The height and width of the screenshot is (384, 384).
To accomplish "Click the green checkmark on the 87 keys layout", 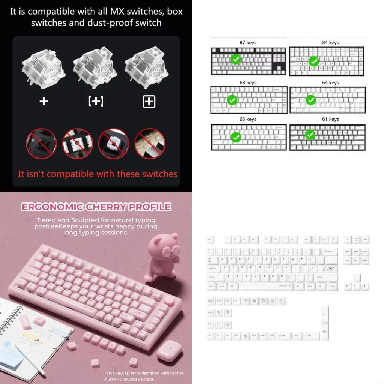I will click(235, 59).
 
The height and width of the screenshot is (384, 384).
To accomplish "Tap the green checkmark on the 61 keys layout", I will click(310, 135).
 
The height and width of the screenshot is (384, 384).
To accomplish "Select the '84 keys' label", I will click(330, 43).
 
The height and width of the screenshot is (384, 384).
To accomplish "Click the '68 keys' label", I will click(248, 82).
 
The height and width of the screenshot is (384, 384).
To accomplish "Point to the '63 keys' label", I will click(248, 119).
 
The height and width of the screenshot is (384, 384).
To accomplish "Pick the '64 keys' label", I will click(330, 82).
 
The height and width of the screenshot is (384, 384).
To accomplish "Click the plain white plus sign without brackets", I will click(43, 101).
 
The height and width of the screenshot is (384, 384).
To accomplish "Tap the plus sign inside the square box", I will click(149, 101).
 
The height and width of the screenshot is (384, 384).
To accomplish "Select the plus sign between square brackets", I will click(96, 101).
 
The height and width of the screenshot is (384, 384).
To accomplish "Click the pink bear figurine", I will click(162, 259).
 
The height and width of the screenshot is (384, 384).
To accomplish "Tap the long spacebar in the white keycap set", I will click(267, 286).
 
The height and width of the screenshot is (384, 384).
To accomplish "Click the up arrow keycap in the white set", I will click(356, 277).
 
